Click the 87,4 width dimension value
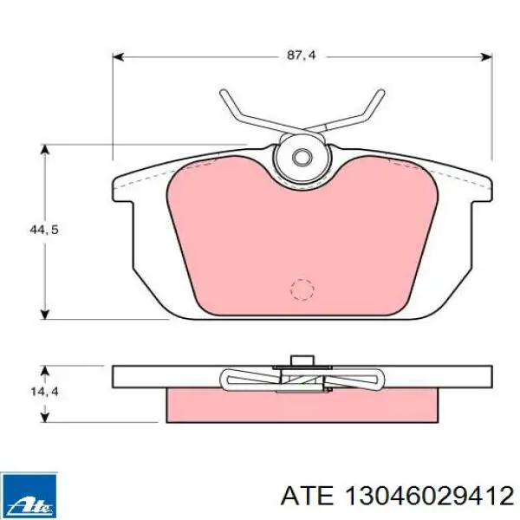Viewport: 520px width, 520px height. point(300,55)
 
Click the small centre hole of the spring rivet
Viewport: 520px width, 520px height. point(302,158)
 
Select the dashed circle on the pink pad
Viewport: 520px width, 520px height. point(301,289)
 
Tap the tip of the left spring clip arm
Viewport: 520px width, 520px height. point(224,93)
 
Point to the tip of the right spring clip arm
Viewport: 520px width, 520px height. point(379,93)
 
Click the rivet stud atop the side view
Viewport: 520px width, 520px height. point(302,361)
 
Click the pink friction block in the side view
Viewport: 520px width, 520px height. point(302,404)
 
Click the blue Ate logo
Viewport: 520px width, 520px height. point(29,493)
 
